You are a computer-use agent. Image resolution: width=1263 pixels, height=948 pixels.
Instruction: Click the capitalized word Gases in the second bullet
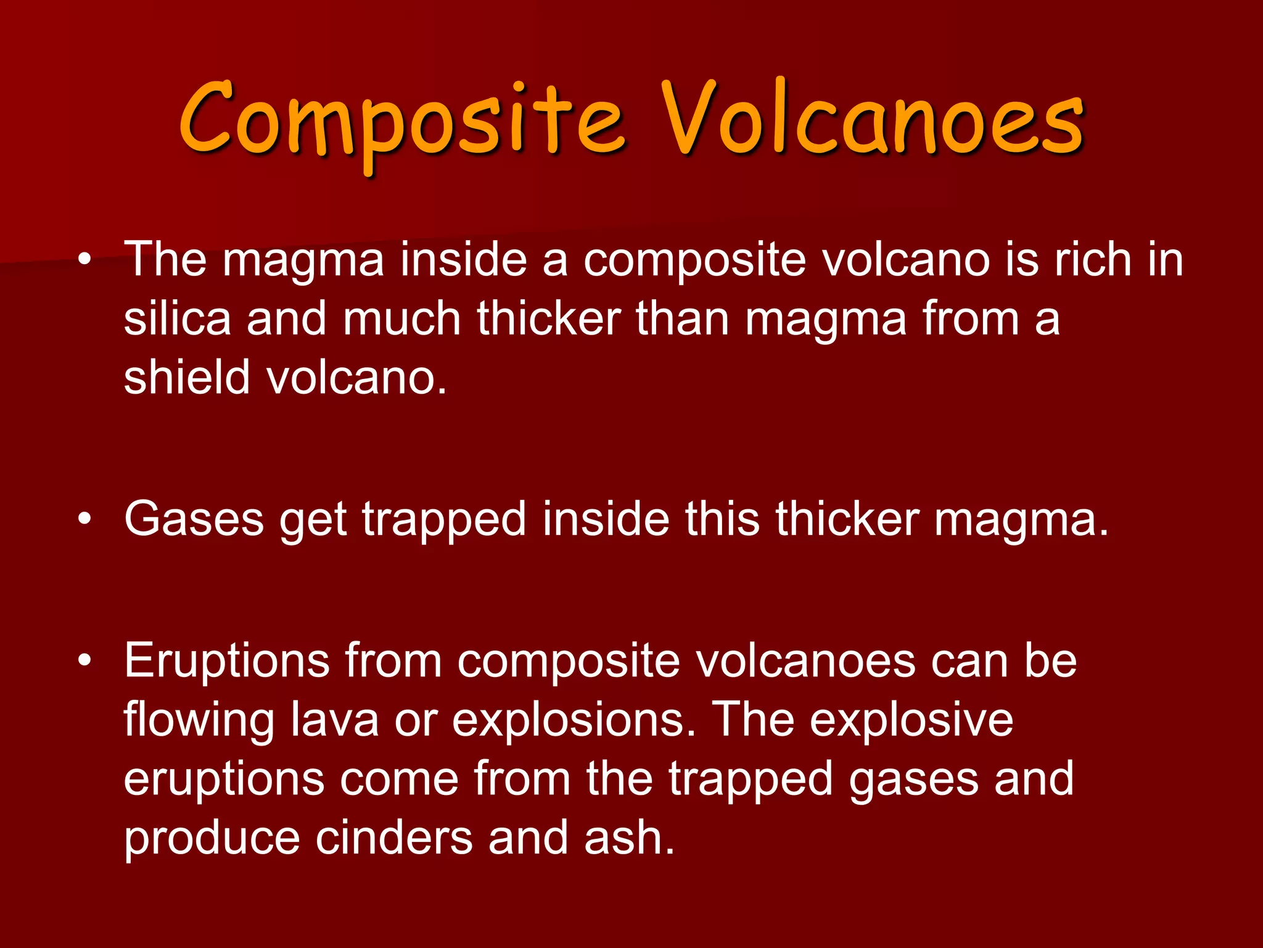(194, 519)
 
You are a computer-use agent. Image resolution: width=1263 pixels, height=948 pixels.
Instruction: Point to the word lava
(334, 719)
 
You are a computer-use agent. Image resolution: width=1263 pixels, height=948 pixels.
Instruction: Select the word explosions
(574, 720)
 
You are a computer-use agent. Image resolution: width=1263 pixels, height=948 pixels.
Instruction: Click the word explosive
(911, 720)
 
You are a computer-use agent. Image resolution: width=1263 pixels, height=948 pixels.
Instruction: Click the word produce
(212, 839)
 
